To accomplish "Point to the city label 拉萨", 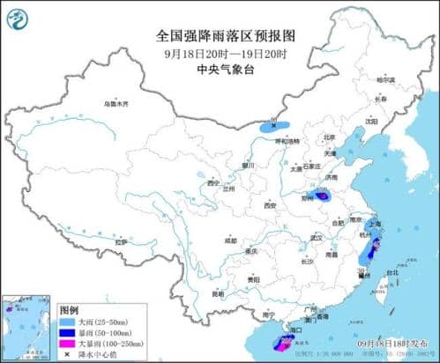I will click(120, 241).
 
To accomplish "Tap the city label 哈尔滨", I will click(385, 79).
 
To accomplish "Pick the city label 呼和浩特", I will click(287, 141).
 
